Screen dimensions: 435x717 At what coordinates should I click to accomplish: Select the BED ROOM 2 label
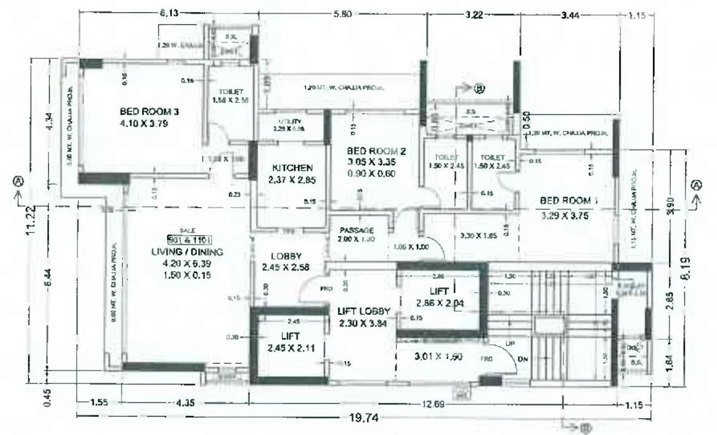(376, 151)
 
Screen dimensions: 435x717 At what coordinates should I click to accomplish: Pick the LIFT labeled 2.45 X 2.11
(290, 336)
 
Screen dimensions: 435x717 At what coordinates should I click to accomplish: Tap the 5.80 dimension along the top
(341, 15)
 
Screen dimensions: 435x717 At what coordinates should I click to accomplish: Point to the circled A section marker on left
(18, 182)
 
